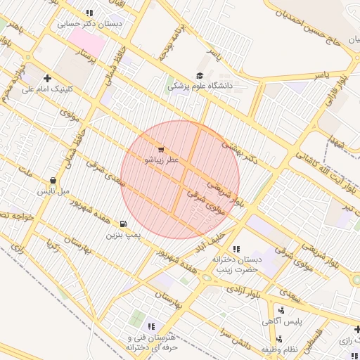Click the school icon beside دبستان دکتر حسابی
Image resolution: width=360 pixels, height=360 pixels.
(89, 13)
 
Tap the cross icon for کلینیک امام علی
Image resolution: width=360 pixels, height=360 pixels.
(48, 78)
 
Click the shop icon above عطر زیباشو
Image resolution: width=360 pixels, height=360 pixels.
(162, 150)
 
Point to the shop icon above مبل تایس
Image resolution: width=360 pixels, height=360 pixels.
(53, 180)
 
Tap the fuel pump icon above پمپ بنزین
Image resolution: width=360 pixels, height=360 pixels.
(124, 224)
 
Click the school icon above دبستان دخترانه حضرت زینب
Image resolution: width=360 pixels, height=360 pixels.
(236, 249)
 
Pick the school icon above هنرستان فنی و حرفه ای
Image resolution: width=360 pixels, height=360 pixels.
(151, 326)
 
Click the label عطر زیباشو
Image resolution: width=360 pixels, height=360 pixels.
(162, 160)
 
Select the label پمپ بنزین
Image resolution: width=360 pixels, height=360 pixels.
(124, 234)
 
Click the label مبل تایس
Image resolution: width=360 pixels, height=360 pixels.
(53, 191)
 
